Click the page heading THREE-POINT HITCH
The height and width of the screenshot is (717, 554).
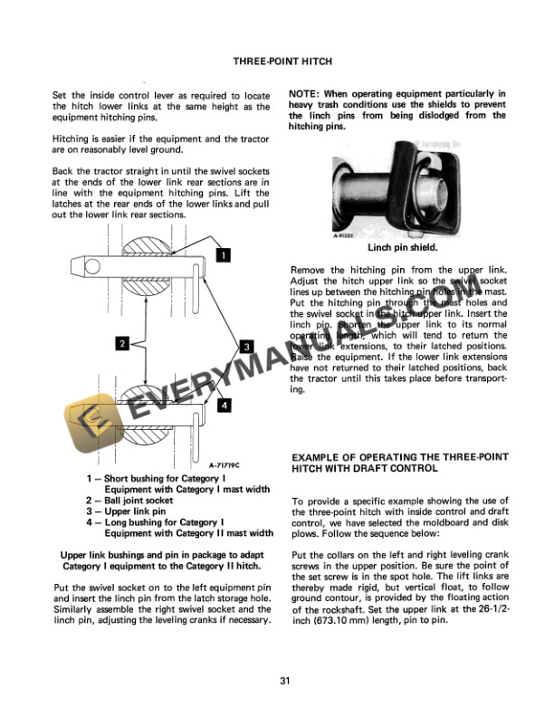(x=282, y=62)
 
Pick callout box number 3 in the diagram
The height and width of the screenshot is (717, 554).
(x=244, y=346)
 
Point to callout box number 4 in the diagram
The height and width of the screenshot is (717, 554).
(x=223, y=406)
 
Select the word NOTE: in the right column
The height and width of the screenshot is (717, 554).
(x=305, y=94)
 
